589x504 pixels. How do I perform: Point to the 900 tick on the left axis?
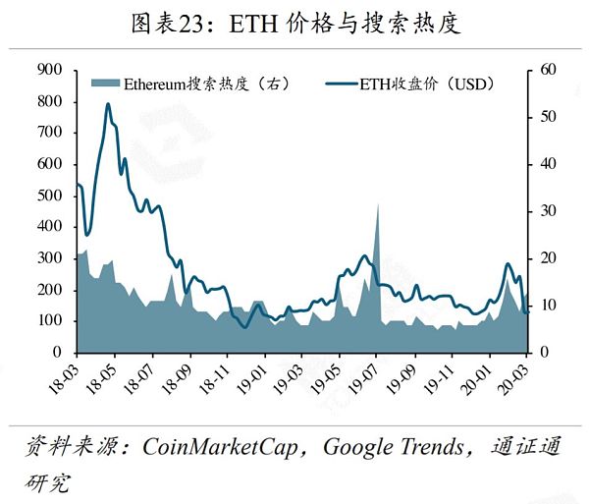tap(49, 70)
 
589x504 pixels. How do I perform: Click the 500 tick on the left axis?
tap(49, 196)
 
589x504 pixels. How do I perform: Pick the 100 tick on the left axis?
tap(49, 320)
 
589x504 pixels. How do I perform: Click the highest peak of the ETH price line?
tap(107, 104)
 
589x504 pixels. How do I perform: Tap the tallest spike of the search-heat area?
tap(377, 204)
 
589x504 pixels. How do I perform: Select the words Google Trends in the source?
tap(393, 448)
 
